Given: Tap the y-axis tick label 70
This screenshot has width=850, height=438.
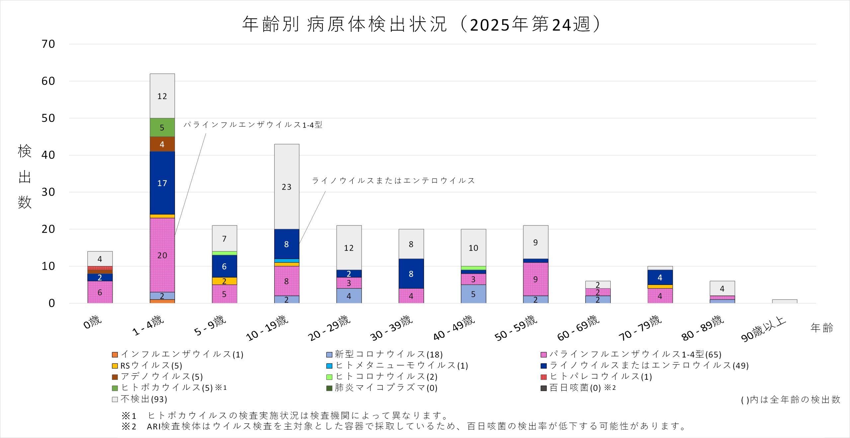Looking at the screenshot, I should click(48, 44).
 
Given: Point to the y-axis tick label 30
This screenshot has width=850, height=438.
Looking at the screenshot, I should click(48, 192).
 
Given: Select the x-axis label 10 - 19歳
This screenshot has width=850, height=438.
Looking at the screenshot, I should click(267, 328).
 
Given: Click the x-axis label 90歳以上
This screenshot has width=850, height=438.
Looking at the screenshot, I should click(763, 329).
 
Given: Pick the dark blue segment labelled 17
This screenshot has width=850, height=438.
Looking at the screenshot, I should click(162, 183).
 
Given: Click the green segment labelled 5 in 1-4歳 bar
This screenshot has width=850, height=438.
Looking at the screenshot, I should click(162, 127).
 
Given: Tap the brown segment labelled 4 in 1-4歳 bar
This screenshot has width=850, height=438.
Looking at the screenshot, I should click(162, 144).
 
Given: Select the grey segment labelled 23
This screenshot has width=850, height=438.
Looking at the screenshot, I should click(287, 187).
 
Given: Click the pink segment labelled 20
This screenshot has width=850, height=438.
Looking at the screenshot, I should click(162, 255).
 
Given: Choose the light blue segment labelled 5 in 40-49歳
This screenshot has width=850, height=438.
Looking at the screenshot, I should click(473, 294).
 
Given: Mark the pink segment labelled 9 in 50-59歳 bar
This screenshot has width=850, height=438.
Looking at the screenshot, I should click(535, 279).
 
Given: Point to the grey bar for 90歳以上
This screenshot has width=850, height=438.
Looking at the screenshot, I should click(784, 301).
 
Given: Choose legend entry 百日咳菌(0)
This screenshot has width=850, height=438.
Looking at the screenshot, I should click(575, 388).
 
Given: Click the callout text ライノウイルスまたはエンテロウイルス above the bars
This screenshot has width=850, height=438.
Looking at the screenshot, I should click(393, 181).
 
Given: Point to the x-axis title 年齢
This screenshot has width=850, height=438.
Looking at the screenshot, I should click(821, 328).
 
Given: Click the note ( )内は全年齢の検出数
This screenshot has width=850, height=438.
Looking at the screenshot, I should click(790, 399).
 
